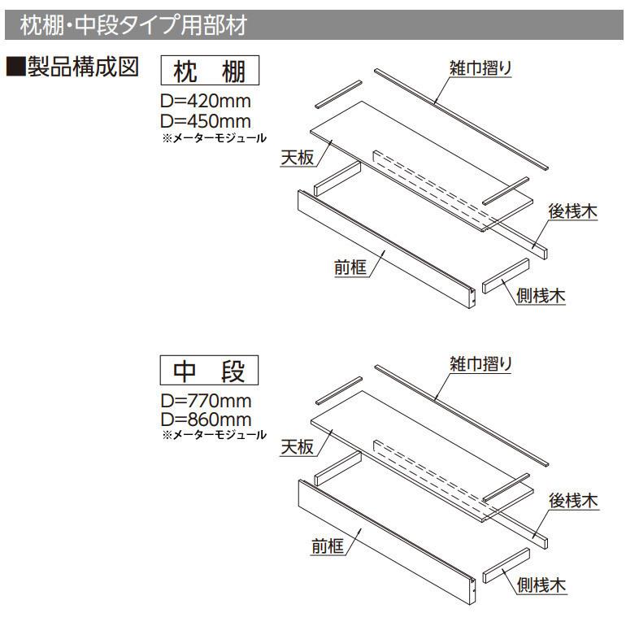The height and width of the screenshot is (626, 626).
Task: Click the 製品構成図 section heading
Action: click(77, 68)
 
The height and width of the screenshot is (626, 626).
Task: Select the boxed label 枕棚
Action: click(211, 72)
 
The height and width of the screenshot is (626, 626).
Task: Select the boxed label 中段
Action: click(211, 371)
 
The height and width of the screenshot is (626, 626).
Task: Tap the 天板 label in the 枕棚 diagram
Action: click(298, 159)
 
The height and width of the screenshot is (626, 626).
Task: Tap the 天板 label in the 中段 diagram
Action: click(298, 447)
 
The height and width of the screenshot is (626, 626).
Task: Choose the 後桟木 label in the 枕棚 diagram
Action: click(573, 211)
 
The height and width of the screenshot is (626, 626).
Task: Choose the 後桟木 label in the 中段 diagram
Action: click(573, 502)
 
